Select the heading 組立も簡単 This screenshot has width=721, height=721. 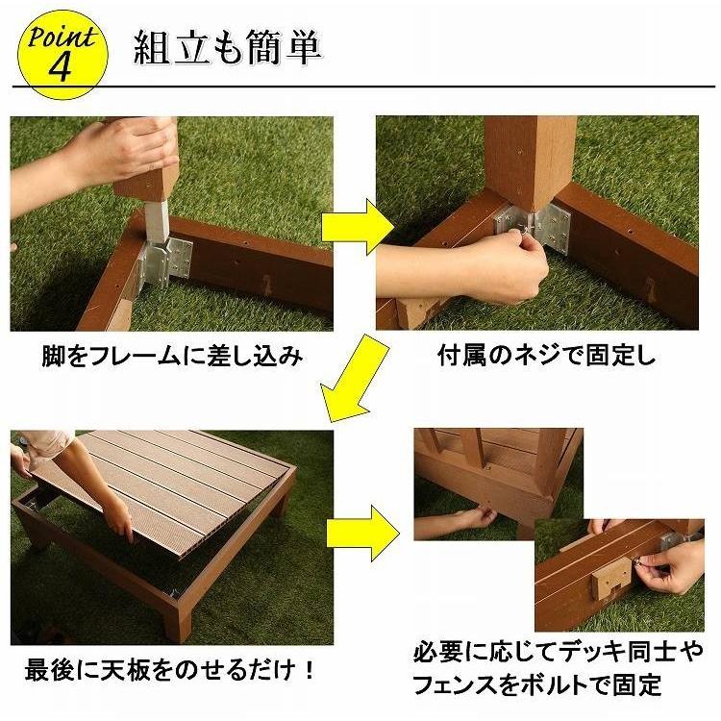click(x=228, y=47)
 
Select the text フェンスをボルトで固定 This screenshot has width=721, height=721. click(x=537, y=685)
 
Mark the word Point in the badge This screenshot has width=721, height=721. click(x=61, y=37)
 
